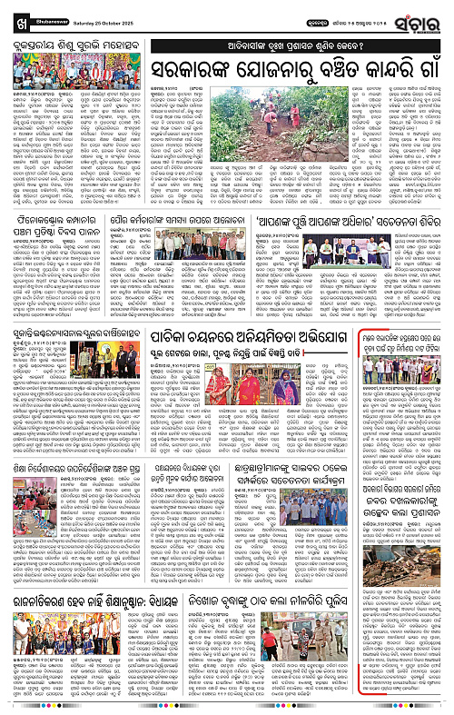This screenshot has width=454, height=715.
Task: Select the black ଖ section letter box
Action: pyautogui.click(x=13, y=12)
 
